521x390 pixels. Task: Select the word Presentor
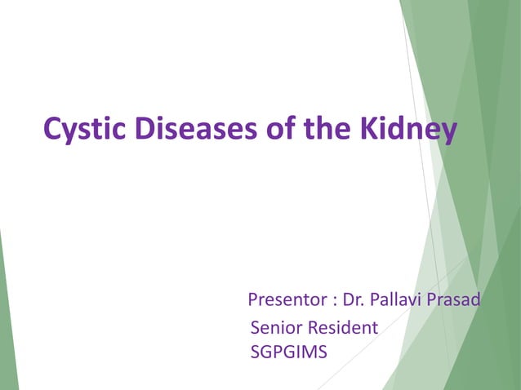[x=287, y=300]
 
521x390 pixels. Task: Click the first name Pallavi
[x=396, y=300]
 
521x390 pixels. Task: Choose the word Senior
[x=276, y=328]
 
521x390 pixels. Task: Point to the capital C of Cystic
[x=53, y=129]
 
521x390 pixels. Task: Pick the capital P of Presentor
[x=253, y=300]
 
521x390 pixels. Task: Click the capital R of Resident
[x=312, y=328]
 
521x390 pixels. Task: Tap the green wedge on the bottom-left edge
[x=7, y=326]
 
